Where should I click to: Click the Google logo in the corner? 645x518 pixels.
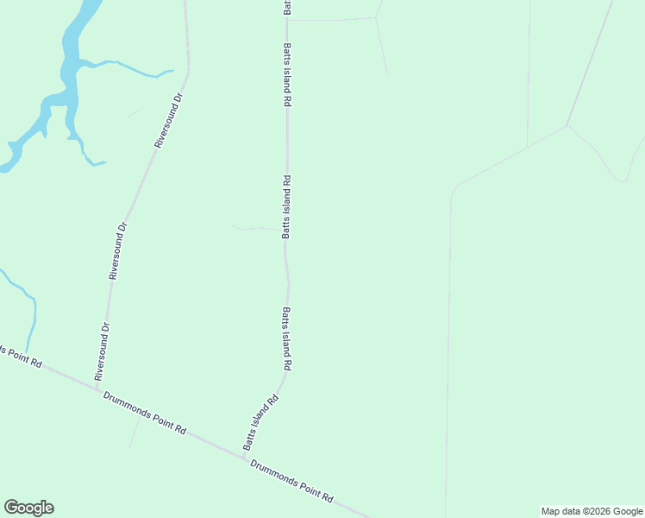pos(28,508)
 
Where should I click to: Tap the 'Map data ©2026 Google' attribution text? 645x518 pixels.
pos(592,511)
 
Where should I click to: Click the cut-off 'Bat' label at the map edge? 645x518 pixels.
pos(287,7)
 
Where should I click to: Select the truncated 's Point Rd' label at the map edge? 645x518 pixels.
pos(21,357)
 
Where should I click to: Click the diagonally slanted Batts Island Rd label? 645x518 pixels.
pos(260,423)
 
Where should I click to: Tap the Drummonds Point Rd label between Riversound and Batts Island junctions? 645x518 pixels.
pos(145,412)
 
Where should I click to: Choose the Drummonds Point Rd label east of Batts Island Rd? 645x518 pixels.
pos(291,480)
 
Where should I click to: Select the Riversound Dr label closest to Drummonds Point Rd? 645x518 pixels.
pos(103,351)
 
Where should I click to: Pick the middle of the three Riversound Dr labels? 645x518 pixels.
pos(118,250)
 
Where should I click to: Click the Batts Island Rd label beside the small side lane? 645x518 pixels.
pos(287,206)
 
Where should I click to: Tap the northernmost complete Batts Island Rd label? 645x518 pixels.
pos(287,74)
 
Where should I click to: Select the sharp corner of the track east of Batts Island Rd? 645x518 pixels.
pos(567,127)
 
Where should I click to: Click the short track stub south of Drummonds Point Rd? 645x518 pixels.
pos(133,435)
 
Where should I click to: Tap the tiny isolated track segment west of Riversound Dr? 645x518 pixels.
pos(135,111)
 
